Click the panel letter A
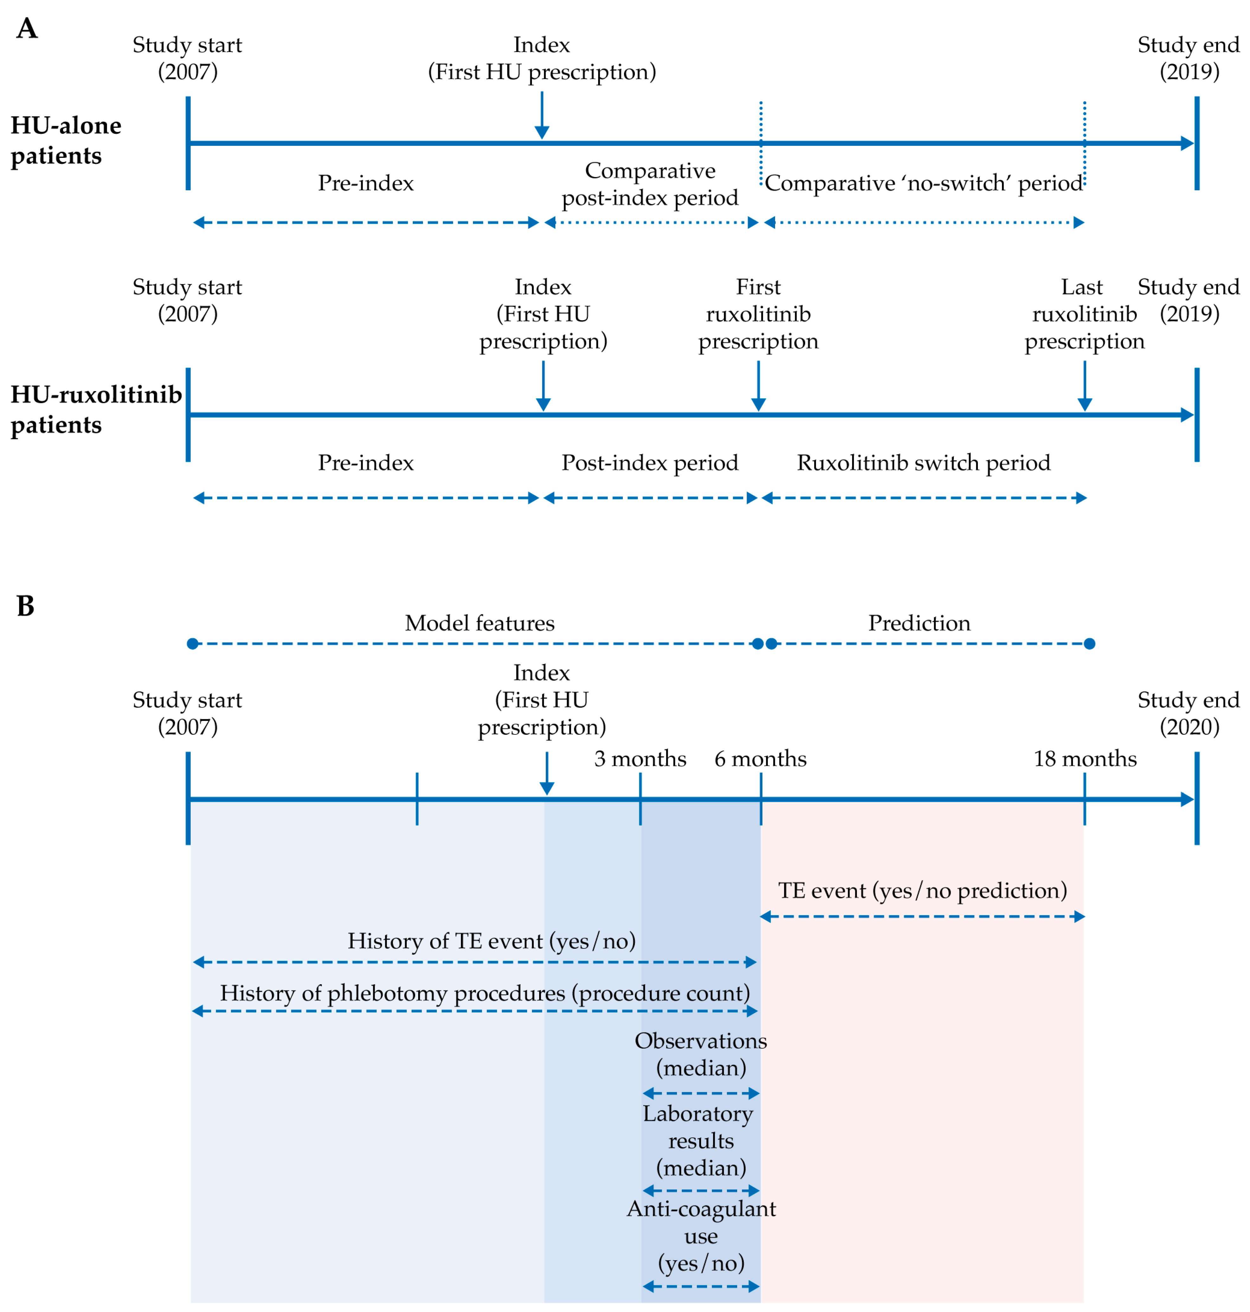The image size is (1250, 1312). tap(27, 29)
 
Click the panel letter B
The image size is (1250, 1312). tap(25, 606)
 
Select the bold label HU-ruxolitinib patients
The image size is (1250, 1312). tap(96, 409)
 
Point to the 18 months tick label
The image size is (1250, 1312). tap(1085, 759)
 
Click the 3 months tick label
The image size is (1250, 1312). tap(640, 759)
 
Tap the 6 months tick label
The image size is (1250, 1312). tap(760, 759)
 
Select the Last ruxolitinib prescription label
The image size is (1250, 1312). tap(1084, 314)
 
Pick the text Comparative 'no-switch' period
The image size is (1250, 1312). tap(923, 183)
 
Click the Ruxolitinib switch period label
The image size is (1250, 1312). tap(923, 463)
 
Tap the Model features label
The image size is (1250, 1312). tap(480, 623)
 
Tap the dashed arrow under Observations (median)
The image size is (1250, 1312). tap(701, 1093)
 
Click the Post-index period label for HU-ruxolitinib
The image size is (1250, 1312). tap(650, 463)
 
